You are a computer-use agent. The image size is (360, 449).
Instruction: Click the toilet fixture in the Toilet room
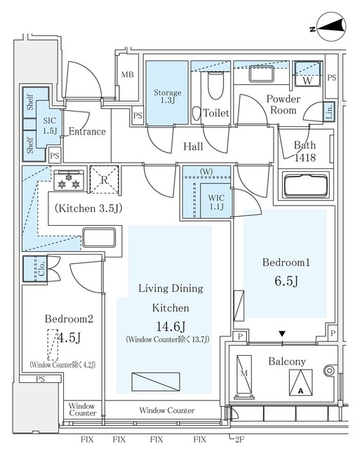215,88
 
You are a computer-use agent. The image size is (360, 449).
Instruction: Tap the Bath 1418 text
305,151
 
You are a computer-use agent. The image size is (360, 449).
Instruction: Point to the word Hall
193,147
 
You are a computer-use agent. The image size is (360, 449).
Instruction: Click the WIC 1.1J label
215,202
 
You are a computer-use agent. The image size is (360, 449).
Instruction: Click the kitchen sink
99,236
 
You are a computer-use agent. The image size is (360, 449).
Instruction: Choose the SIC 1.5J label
50,126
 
